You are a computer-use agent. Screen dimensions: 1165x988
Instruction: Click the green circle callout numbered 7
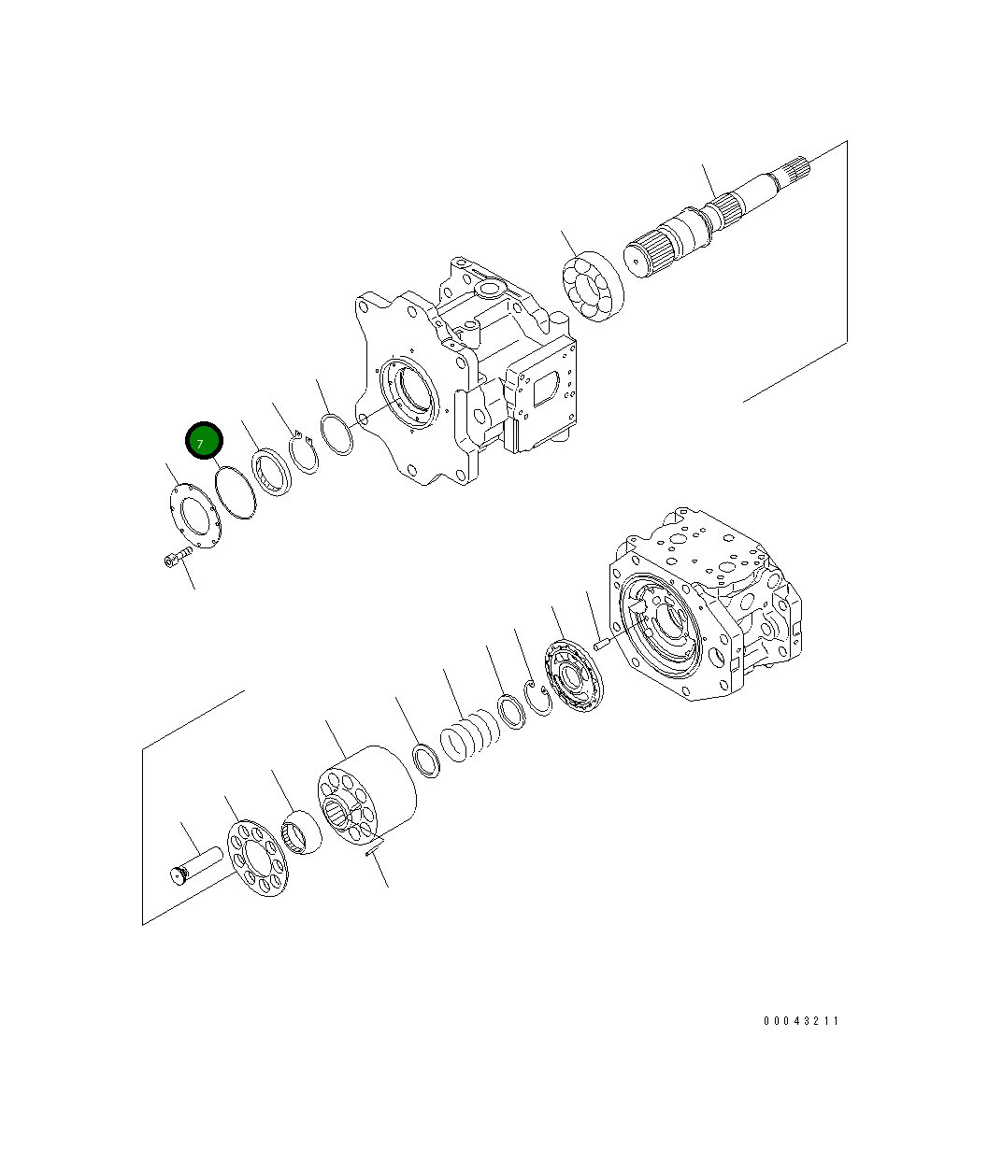point(203,442)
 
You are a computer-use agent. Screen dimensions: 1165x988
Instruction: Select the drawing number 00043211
point(801,1020)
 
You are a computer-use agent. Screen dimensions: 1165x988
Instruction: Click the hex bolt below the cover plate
point(174,559)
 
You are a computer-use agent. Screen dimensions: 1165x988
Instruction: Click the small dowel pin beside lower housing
point(601,643)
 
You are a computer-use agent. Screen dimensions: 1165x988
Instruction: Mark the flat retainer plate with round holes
point(258,857)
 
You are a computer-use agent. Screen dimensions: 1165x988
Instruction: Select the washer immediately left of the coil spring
point(426,759)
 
